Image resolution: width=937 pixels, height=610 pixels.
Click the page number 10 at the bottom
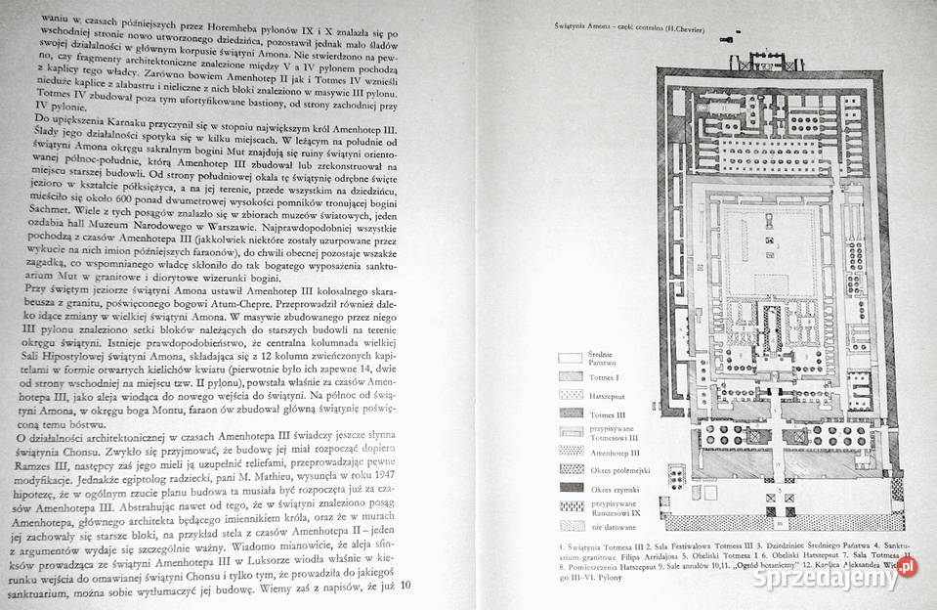(x=408, y=585)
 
